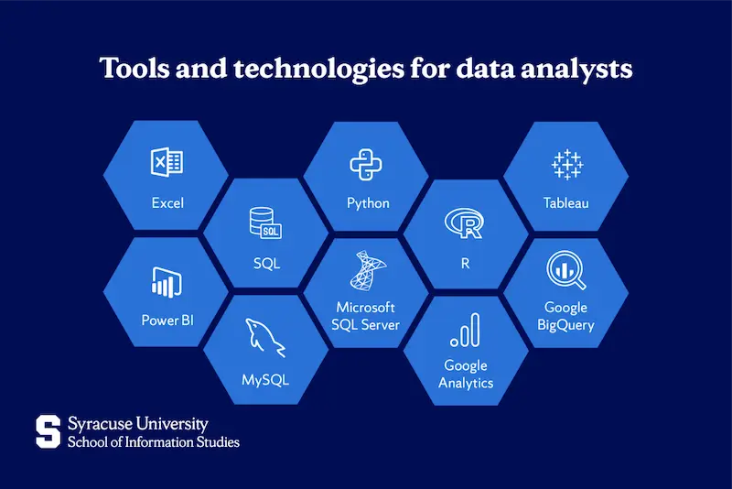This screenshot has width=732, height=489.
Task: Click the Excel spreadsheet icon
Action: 167,163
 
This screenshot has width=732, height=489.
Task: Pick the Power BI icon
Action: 166,281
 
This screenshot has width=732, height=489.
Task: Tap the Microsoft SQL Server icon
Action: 367,271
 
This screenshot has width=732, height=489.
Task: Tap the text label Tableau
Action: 565,202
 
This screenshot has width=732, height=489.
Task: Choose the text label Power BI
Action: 167,321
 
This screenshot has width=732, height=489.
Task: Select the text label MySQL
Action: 265,379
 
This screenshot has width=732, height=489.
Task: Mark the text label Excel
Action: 167,202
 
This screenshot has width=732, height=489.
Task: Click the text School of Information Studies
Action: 154,442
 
